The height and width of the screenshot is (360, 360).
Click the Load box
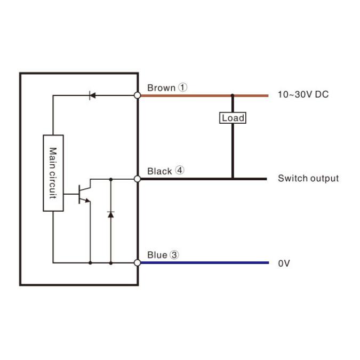(x=233, y=118)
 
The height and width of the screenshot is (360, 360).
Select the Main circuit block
(x=53, y=173)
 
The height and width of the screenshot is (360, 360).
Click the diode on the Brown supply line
(x=92, y=95)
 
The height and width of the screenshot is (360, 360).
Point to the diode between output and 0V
(x=111, y=214)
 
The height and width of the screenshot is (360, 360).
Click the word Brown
(x=161, y=87)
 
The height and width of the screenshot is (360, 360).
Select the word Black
(x=159, y=171)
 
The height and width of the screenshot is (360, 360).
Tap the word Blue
(x=157, y=255)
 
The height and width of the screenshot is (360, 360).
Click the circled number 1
(x=183, y=87)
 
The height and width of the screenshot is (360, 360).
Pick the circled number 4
(x=180, y=171)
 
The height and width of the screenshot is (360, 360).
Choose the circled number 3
(x=174, y=255)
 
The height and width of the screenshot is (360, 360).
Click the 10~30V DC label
(x=303, y=95)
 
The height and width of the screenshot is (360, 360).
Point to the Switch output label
(x=308, y=179)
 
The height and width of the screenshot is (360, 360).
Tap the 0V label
(x=284, y=263)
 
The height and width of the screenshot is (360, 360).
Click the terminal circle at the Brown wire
(x=137, y=95)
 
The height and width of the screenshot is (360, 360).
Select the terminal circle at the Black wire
(x=137, y=179)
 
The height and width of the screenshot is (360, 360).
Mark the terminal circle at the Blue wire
(x=137, y=262)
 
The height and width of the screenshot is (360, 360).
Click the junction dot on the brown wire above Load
(x=233, y=96)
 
